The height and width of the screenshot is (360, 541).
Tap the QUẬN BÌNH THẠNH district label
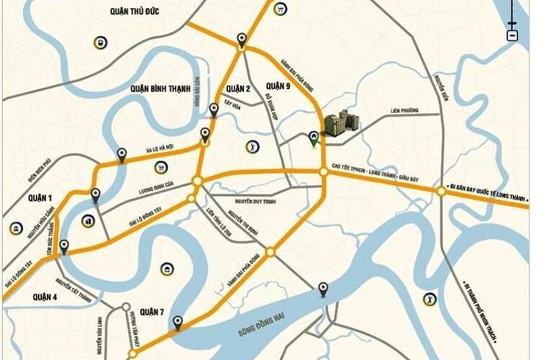pos(160,89)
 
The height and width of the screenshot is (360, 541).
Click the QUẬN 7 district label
pos(153,311)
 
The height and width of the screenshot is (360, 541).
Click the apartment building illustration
pos(340,123)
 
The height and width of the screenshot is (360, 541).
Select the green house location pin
pos(313,138)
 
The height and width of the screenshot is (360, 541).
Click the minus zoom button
pos(512,35)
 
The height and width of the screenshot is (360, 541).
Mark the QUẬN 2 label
pos(237,89)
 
